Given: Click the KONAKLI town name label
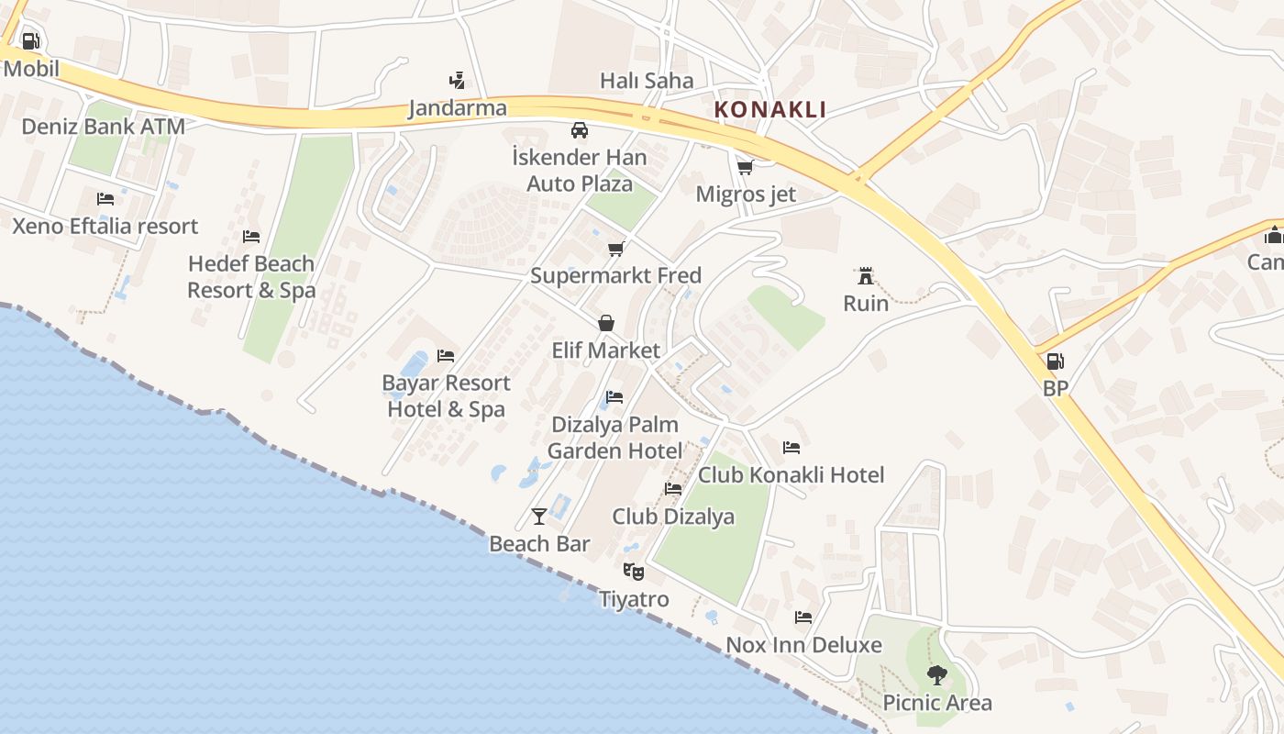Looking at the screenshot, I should (770, 109).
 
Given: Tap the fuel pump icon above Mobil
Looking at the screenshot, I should (30, 41).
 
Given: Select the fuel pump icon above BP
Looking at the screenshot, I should (1056, 361).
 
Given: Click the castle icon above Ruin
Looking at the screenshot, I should (865, 275).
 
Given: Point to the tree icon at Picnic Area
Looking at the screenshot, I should (936, 675).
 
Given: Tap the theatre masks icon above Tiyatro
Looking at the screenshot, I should (634, 572).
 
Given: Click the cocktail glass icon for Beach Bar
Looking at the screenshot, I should (539, 517).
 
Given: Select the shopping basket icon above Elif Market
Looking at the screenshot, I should (606, 323).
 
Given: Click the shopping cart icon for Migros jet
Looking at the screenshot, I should (746, 167).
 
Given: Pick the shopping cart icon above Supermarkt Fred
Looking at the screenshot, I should (616, 249).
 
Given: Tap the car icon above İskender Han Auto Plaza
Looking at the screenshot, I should (580, 130).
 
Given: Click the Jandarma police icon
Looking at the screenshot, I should (457, 81).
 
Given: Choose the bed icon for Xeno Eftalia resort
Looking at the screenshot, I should (105, 199).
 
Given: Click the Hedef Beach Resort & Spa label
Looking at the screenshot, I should (251, 277).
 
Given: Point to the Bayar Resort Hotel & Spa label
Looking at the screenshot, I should (447, 395).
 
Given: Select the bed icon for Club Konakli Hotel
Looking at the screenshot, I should (791, 448).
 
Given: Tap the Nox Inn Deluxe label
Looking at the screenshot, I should (803, 645).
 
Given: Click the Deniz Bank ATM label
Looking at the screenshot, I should (103, 127).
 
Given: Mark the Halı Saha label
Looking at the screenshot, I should (647, 81).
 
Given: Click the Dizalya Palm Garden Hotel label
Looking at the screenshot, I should (614, 438).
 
